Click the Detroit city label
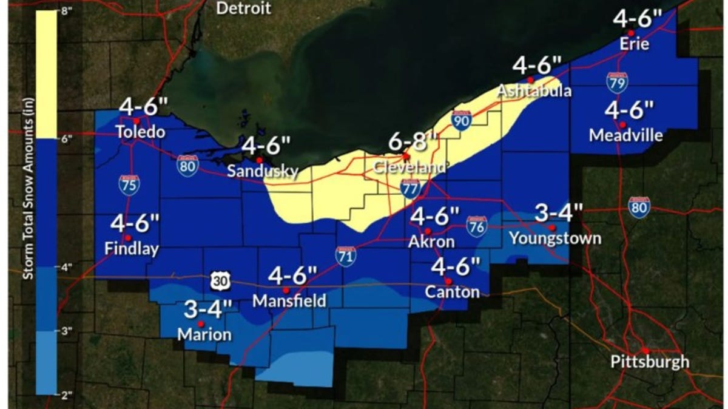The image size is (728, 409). click(x=244, y=8)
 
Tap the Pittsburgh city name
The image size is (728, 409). click(x=649, y=362)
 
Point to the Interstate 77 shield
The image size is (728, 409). click(x=411, y=189)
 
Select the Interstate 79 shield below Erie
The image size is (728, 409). click(x=617, y=83)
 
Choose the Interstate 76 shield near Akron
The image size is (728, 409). click(x=477, y=226)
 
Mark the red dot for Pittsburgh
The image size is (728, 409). click(x=646, y=350)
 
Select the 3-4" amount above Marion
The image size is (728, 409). click(x=208, y=309)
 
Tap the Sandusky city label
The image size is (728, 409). click(x=262, y=171)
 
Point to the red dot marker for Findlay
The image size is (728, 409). click(x=128, y=237)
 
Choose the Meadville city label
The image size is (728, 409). click(x=625, y=135)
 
